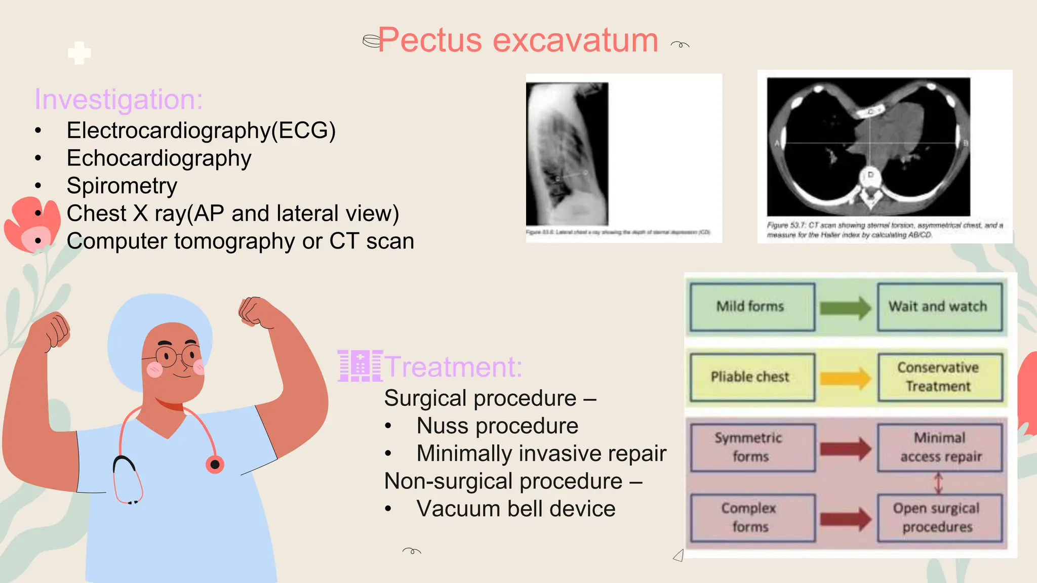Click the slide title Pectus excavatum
pyautogui.click(x=517, y=40)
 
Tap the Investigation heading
pyautogui.click(x=118, y=99)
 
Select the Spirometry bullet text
pyautogui.click(x=122, y=186)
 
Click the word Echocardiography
pyautogui.click(x=159, y=158)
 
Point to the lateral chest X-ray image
pyautogui.click(x=567, y=154)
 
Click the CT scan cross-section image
pyautogui.click(x=868, y=147)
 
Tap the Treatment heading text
pyautogui.click(x=454, y=366)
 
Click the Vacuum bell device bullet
pyautogui.click(x=515, y=509)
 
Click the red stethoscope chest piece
pyautogui.click(x=215, y=464)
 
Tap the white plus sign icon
pyautogui.click(x=79, y=53)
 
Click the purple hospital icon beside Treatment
pyautogui.click(x=360, y=365)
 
